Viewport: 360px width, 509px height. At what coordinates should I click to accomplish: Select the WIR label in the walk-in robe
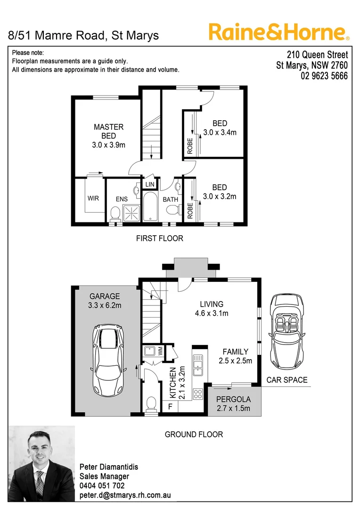[x=93, y=198]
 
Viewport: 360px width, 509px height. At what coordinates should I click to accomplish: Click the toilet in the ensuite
[x=114, y=214]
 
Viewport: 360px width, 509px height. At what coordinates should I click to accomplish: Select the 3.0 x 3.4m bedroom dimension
[x=220, y=132]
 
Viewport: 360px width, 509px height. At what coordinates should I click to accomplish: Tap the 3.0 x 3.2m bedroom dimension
[x=220, y=196]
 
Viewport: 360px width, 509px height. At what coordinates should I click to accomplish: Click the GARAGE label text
[x=105, y=296]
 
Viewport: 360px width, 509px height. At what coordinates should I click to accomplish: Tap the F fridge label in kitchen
[x=170, y=406]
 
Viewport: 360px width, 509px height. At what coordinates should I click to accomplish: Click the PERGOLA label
[x=233, y=399]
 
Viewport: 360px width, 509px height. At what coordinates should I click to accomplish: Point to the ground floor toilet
[x=151, y=404]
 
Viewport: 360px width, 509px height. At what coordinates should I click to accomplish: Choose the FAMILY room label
[x=235, y=352]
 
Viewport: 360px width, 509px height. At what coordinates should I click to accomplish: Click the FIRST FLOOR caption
[x=159, y=238]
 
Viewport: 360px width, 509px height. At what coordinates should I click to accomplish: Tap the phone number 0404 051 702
[x=102, y=485]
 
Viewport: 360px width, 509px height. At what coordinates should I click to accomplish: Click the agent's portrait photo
[x=42, y=464]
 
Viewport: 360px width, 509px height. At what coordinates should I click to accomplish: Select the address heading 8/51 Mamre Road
[x=84, y=35]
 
